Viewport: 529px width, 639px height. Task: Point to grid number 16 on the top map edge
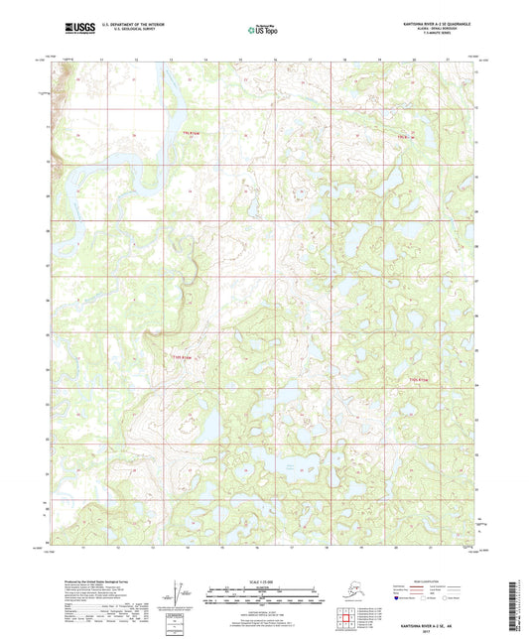coord(274,60)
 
